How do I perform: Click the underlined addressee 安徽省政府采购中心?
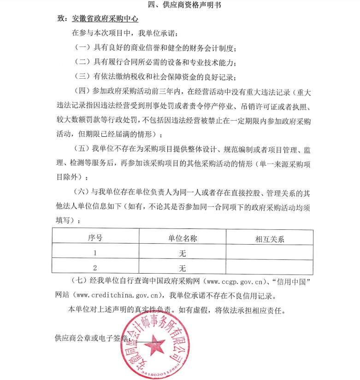click(x=106, y=19)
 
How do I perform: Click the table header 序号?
click(x=95, y=238)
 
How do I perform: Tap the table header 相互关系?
click(x=270, y=239)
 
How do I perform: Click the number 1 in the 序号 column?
click(x=95, y=253)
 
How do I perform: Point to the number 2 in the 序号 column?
click(x=95, y=268)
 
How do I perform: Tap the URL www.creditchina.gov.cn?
click(x=118, y=295)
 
